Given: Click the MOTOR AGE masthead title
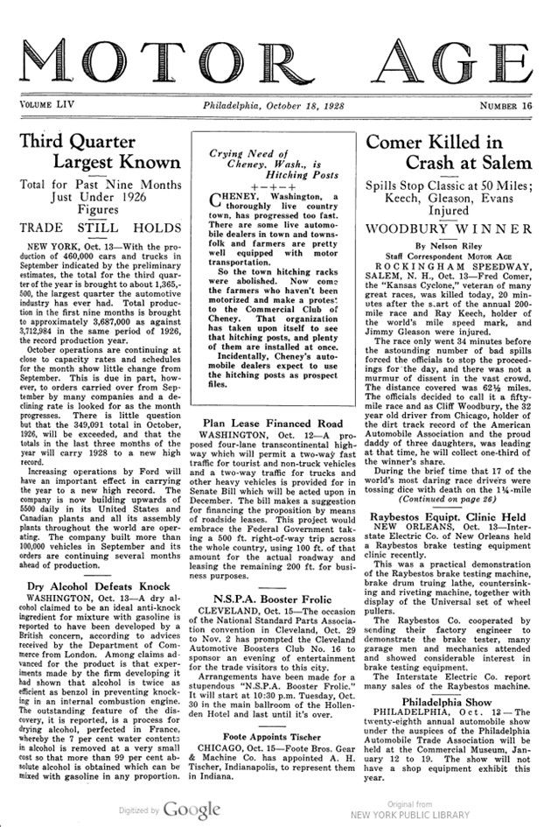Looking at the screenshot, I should pos(278,54).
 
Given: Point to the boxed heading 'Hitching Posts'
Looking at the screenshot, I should pos(269,174).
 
